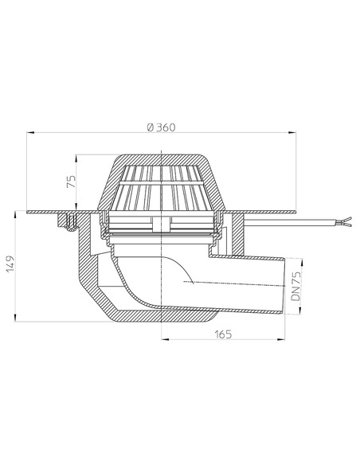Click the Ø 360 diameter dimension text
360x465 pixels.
[x=162, y=127]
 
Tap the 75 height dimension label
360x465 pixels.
[x=72, y=182]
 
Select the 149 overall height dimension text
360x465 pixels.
[x=10, y=264]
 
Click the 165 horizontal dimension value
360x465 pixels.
[x=223, y=334]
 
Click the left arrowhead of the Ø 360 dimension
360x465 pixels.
[x=30, y=133]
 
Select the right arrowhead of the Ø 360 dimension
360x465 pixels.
[x=292, y=133]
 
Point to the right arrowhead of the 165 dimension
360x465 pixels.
[x=281, y=339]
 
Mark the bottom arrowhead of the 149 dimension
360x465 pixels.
[x=15, y=318]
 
